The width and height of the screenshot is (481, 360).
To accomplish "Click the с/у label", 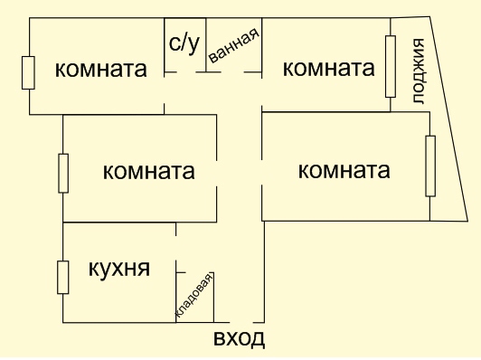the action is [184, 44].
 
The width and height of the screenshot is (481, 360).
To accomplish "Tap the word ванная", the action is [234, 46].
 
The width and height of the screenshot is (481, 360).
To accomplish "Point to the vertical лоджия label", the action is [418, 71].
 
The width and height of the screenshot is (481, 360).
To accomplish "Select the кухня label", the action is [119, 269].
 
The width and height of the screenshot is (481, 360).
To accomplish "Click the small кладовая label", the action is [193, 295].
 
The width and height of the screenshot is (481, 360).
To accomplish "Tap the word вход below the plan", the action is [239, 338].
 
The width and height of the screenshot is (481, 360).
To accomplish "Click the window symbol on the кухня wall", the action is [63, 277].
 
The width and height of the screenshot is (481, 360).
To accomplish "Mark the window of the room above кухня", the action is [63, 174].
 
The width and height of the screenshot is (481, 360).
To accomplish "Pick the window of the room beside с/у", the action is [28, 72].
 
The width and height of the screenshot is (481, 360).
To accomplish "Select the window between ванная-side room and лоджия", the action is [391, 66].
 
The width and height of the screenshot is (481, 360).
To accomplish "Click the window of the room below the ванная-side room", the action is [430, 166].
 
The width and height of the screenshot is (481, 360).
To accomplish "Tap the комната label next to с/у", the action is [101, 69].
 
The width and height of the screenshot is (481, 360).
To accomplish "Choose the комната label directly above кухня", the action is [149, 171].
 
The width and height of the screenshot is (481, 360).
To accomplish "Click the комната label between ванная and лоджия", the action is [328, 68].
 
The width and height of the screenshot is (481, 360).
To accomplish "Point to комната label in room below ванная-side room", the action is [344, 170].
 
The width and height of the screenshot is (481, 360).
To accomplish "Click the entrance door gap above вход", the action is [241, 323].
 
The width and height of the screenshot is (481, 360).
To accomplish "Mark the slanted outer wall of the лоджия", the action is [448, 118].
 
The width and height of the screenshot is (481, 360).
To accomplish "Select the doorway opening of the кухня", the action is [175, 248].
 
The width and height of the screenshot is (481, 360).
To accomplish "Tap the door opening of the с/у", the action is [186, 72].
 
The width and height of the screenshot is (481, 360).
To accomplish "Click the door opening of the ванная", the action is [232, 72].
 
